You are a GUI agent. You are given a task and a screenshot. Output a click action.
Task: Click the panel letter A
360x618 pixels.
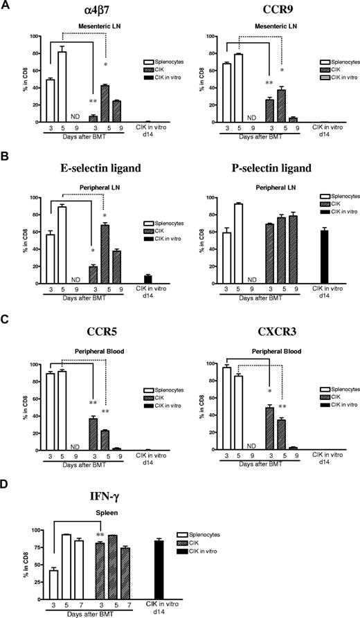point(6,6)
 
